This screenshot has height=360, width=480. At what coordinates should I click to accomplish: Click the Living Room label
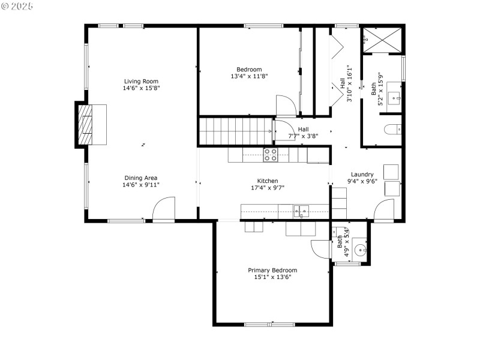[x=141, y=81]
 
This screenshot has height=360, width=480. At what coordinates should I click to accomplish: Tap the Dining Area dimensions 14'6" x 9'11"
[x=141, y=185]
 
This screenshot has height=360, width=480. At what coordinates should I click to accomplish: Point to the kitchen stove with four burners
[x=271, y=155]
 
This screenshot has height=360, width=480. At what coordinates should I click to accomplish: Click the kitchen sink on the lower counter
[x=301, y=211]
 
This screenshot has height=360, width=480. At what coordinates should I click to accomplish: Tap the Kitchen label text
[x=268, y=181]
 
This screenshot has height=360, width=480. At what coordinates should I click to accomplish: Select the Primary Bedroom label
[x=272, y=270]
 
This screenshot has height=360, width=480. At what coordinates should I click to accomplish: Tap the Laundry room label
[x=362, y=175]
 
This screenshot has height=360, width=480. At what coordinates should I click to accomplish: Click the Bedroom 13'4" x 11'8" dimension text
[x=249, y=76]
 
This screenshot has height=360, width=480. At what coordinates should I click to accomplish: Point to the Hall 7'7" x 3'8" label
[x=304, y=136]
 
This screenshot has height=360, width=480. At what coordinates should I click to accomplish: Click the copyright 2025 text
[x=17, y=5]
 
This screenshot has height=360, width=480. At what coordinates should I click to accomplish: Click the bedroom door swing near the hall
[x=286, y=106]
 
